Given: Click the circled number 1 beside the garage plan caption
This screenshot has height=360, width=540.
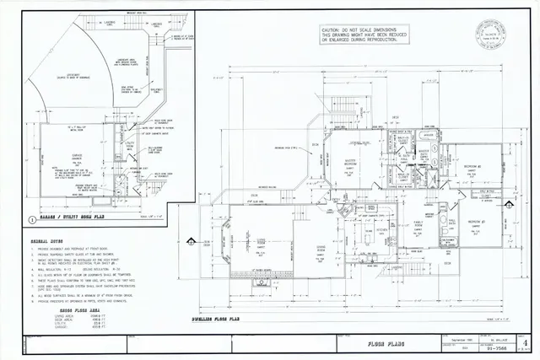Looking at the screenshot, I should pyautogui.click(x=31, y=218).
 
